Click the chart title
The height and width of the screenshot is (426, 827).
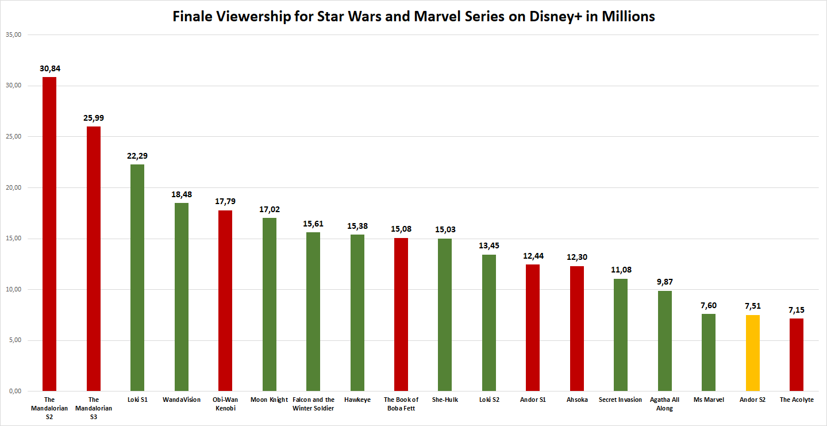pyautogui.click(x=414, y=17)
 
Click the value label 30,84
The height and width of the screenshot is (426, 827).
pyautogui.click(x=50, y=68)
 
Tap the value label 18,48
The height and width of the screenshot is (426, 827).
pyautogui.click(x=182, y=194)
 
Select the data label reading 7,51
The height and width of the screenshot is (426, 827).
pyautogui.click(x=752, y=306)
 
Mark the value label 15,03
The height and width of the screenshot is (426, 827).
pyautogui.click(x=445, y=230)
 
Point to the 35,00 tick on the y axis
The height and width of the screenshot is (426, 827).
pyautogui.click(x=13, y=35)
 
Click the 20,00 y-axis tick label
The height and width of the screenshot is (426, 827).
pyautogui.click(x=13, y=188)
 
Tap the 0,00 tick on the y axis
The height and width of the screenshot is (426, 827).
pyautogui.click(x=14, y=392)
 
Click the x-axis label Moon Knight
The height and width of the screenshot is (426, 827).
pyautogui.click(x=269, y=400)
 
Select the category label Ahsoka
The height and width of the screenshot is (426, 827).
pyautogui.click(x=577, y=400)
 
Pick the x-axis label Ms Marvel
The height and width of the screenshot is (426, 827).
pyautogui.click(x=709, y=400)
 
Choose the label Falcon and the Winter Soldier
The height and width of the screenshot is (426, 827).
pyautogui.click(x=313, y=404)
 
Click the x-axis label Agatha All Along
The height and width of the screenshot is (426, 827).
pyautogui.click(x=665, y=404)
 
